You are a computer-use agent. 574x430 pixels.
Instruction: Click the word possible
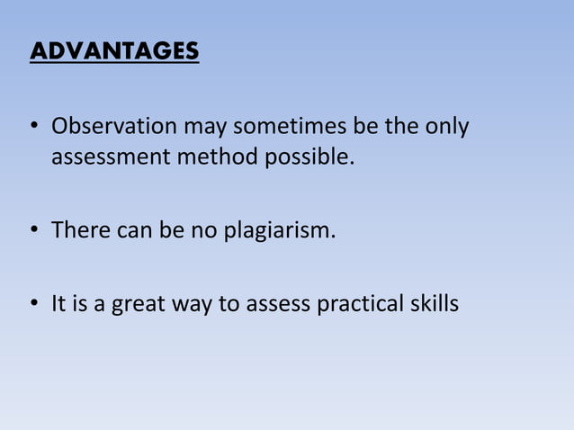click(x=309, y=158)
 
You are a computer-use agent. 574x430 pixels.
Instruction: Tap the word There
click(x=80, y=231)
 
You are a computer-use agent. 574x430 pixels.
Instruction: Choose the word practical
click(x=360, y=305)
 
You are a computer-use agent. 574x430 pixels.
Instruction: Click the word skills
click(x=435, y=305)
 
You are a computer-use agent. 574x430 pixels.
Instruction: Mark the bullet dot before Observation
click(x=35, y=128)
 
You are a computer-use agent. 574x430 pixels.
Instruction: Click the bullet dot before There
click(x=35, y=232)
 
